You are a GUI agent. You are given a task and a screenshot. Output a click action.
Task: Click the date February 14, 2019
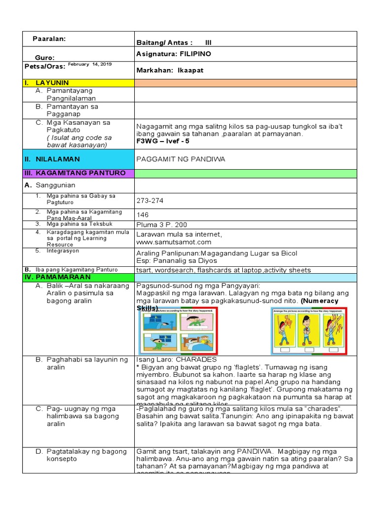point(90,64)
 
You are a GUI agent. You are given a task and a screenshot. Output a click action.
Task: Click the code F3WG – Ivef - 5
point(163,141)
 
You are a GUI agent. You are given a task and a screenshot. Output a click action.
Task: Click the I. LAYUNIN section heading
point(47,83)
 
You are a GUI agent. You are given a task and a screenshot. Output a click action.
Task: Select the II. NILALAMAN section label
point(52,159)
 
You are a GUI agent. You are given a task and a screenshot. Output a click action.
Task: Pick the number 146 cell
point(143,215)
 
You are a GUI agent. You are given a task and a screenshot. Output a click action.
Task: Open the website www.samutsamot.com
point(174,242)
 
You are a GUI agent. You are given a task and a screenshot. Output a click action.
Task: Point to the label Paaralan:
point(49,38)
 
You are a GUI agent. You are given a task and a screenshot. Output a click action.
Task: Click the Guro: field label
point(45,58)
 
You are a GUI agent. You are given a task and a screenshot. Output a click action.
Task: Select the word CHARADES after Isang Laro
point(196,360)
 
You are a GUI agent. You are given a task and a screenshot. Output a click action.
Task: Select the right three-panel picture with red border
point(309,330)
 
